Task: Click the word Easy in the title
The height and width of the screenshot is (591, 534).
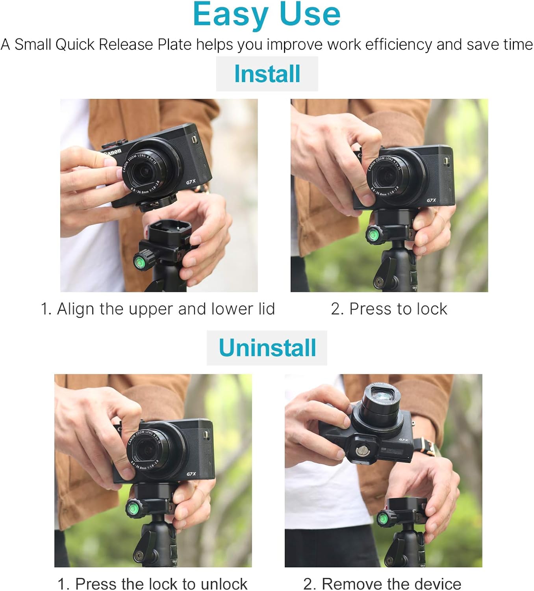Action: tap(230, 15)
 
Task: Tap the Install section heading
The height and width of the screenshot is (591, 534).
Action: tap(267, 74)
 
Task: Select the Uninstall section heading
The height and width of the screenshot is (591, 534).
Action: tap(267, 348)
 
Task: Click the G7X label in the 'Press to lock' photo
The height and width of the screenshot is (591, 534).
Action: tap(431, 200)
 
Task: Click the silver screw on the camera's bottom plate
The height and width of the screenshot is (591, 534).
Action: tap(361, 450)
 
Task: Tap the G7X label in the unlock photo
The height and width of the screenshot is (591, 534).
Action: tap(191, 474)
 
